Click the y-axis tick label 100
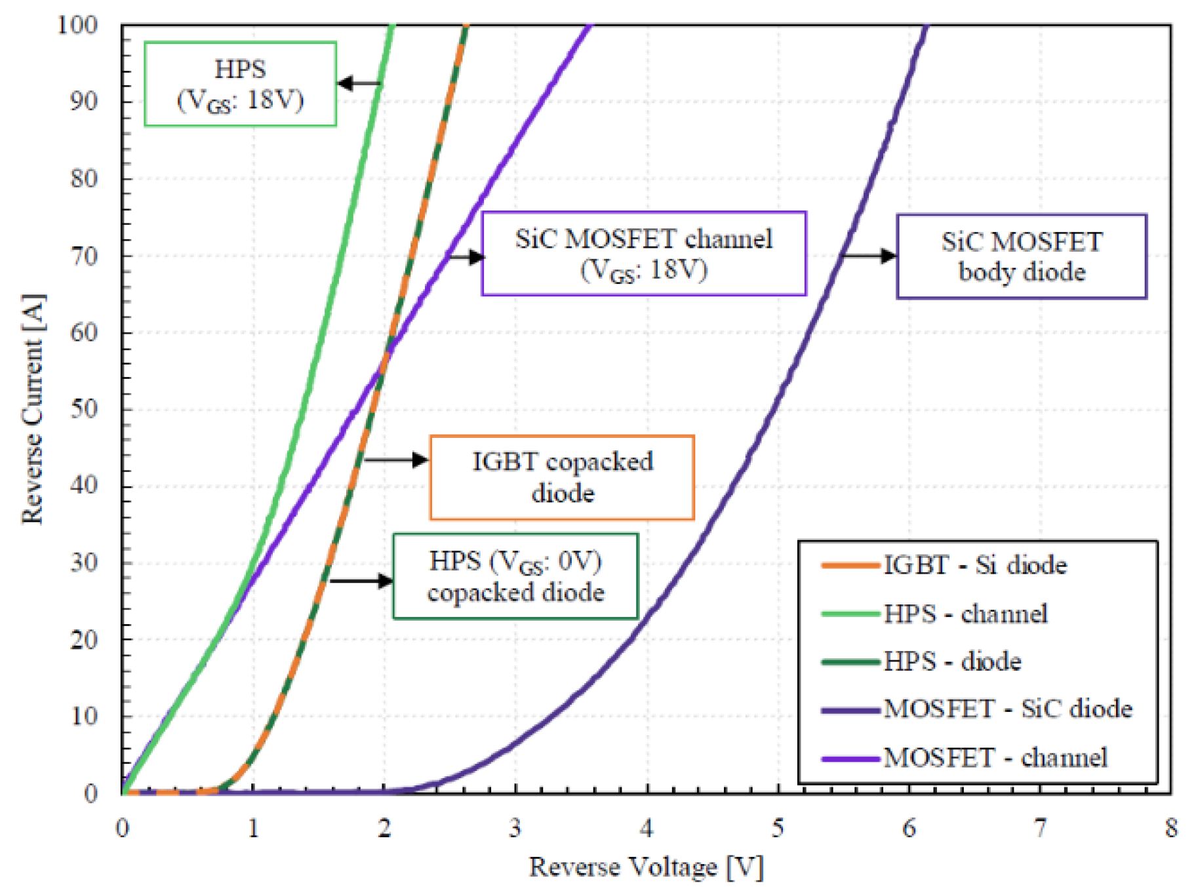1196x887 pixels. (77, 26)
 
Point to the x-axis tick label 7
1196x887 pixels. (1039, 828)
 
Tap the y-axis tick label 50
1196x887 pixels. (84, 409)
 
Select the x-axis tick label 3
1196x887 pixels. (515, 828)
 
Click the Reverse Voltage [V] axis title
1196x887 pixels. (646, 867)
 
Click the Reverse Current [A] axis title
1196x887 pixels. (33, 409)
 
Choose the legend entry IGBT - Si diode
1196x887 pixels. (974, 565)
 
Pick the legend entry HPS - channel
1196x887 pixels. (965, 614)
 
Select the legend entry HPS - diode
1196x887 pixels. (952, 661)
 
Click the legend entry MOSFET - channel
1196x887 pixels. (995, 758)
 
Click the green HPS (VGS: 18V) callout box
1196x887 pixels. (240, 84)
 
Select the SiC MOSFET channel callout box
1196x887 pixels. (643, 254)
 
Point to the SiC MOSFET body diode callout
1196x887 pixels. (1021, 256)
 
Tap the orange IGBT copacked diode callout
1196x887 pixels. (562, 477)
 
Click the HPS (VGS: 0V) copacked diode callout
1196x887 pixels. (515, 576)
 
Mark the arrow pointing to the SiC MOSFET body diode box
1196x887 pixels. (868, 256)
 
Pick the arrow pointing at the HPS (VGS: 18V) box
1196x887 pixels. (359, 83)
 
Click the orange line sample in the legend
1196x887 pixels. (850, 565)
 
